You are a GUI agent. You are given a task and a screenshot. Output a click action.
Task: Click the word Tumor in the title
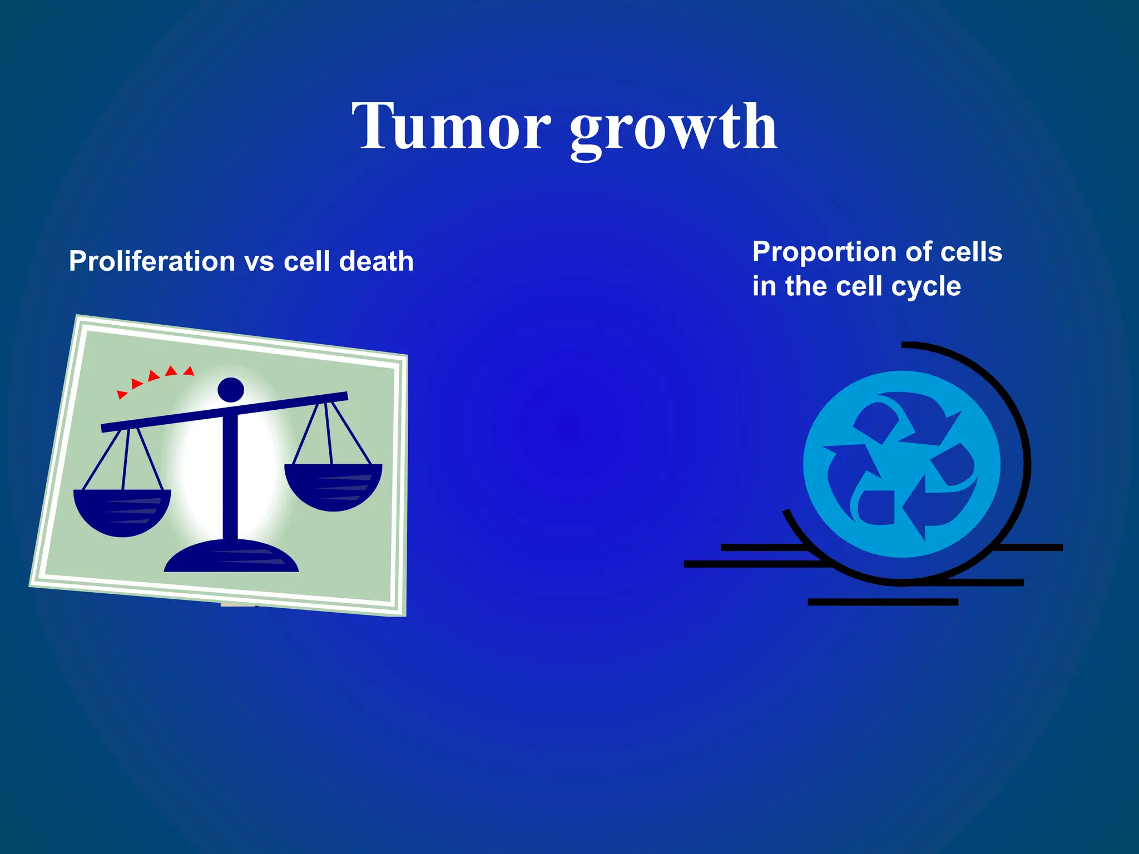450,127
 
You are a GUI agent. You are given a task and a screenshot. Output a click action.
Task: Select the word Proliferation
152,261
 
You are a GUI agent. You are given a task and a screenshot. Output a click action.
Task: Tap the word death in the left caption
377,261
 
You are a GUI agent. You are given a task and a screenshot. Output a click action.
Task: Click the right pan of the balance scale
333,486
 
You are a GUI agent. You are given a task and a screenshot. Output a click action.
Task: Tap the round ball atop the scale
231,389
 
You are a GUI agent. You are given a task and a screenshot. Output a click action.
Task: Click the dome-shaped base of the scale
231,557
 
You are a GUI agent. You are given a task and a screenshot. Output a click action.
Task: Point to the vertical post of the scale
230,478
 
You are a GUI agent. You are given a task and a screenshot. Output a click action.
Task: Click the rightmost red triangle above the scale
189,371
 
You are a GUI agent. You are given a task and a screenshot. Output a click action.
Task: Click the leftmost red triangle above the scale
121,394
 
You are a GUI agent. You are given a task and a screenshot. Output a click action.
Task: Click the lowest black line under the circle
883,602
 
